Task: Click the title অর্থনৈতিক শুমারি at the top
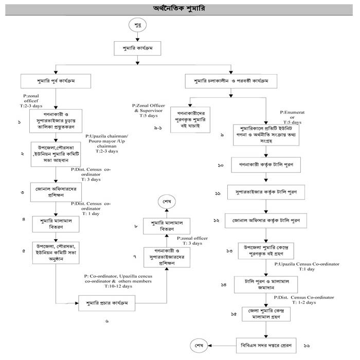[x=179, y=8]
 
